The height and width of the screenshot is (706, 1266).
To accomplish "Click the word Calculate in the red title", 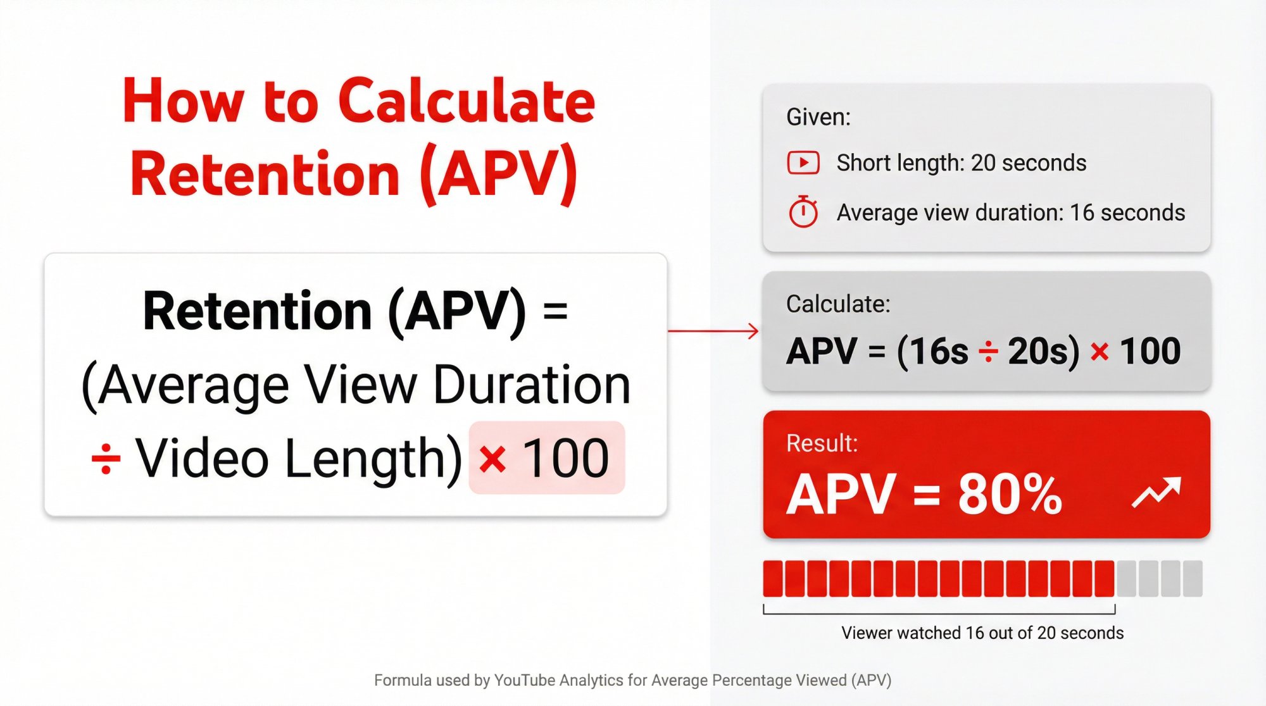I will (x=467, y=101).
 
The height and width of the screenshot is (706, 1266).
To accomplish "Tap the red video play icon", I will (x=803, y=163).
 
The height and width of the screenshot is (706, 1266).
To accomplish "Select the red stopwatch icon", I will (x=803, y=212).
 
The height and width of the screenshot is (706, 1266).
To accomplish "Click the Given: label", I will (x=818, y=118).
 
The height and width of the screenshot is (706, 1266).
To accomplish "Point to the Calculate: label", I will (x=837, y=304).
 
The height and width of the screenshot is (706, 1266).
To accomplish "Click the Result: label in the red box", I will (x=822, y=443).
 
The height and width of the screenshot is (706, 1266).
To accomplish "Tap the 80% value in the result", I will (x=1010, y=495).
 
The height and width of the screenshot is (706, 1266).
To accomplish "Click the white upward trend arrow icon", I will (x=1156, y=493).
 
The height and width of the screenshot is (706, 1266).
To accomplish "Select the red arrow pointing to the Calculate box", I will (x=713, y=330).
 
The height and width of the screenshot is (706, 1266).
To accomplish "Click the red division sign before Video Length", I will (x=106, y=459).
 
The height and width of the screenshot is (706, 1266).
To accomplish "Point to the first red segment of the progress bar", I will (x=773, y=578).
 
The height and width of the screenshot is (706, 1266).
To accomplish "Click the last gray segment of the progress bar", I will (x=1192, y=578).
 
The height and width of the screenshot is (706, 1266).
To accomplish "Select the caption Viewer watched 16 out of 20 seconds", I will (x=982, y=633).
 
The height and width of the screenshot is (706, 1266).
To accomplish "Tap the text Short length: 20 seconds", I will (x=961, y=163).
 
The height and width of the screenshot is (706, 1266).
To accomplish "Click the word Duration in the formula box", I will (x=532, y=385).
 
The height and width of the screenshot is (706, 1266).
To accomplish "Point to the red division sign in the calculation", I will (x=987, y=352).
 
